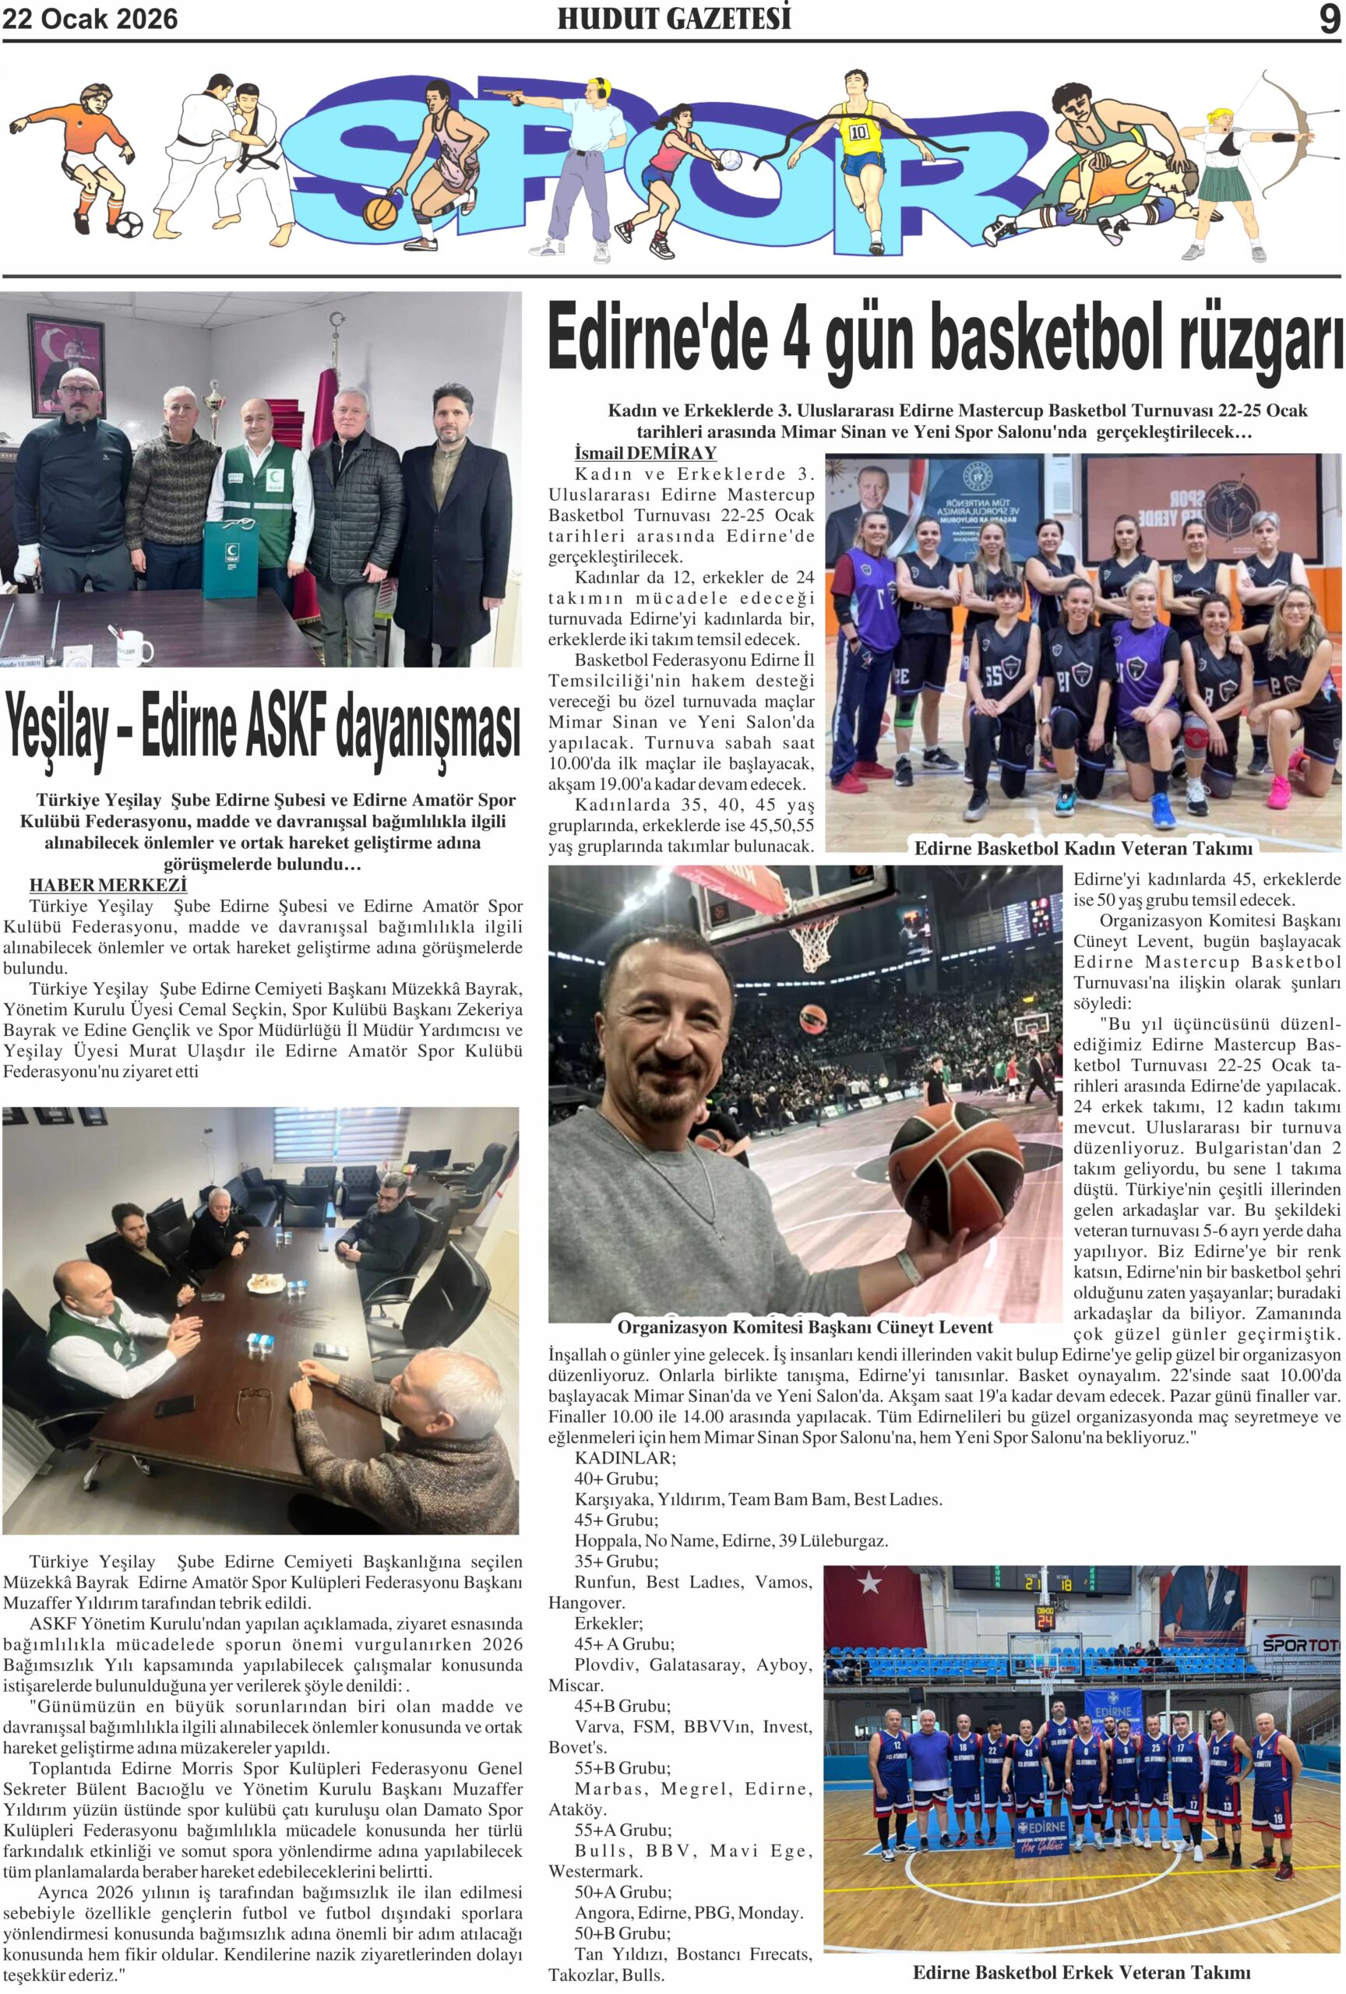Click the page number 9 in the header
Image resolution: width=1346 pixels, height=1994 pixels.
1328,19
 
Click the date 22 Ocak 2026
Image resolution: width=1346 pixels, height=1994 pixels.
90,19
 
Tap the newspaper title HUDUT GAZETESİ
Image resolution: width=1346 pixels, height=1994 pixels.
674,19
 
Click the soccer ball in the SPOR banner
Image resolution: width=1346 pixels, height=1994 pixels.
129,225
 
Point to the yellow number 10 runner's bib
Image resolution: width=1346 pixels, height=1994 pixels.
858,133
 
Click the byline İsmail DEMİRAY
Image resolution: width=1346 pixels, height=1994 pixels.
645,453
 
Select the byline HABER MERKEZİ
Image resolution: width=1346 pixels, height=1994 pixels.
108,885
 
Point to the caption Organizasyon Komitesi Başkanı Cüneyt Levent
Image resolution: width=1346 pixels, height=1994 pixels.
804,1327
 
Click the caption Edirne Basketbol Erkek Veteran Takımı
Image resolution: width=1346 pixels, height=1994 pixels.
1081,1972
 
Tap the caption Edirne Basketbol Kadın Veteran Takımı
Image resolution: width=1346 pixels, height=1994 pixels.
1083,848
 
